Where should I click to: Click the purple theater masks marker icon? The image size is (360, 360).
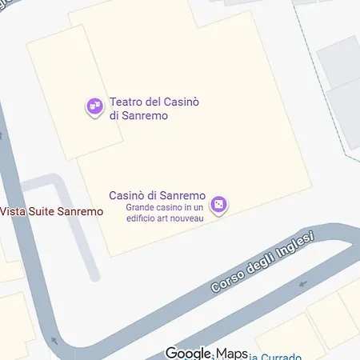click(94, 106)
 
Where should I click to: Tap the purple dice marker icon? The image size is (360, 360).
click(220, 206)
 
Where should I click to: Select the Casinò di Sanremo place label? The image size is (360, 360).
click(158, 196)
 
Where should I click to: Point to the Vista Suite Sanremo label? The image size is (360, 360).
click(52, 211)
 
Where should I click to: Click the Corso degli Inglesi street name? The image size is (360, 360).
click(263, 262)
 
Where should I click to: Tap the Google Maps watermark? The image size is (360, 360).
click(207, 353)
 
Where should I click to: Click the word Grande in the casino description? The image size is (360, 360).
click(141, 208)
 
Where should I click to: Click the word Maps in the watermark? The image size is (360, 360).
click(231, 353)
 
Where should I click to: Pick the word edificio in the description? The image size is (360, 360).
click(144, 218)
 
